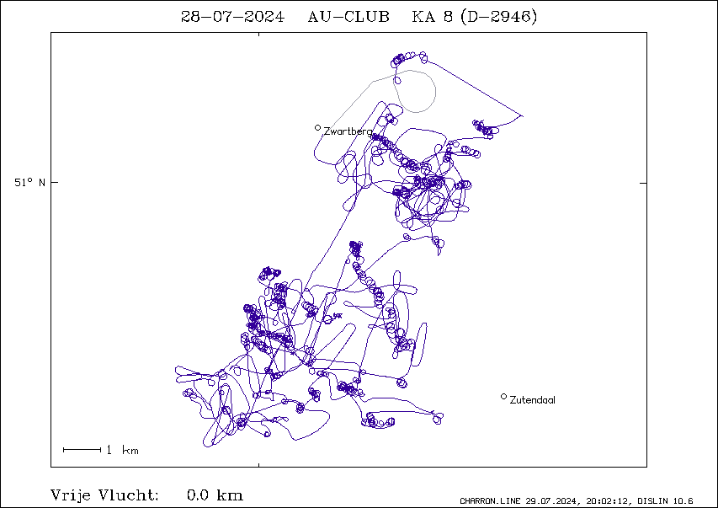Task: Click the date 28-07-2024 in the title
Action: (232, 17)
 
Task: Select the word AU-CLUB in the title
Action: (348, 17)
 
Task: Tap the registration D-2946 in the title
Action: (499, 17)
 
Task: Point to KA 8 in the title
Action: (433, 17)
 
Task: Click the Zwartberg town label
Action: (348, 131)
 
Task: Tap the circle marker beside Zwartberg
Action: (318, 127)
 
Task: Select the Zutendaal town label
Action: (533, 400)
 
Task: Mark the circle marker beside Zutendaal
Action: (503, 397)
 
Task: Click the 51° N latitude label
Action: (29, 183)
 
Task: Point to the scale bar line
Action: (82, 450)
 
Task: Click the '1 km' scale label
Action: (122, 450)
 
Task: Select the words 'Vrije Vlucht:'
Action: (104, 495)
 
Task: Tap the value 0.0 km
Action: (215, 495)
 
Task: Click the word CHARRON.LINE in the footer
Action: (490, 501)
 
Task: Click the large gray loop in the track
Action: (435, 92)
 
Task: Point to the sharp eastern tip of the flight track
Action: (523, 116)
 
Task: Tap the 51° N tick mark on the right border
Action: (643, 183)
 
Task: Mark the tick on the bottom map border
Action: (259, 465)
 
